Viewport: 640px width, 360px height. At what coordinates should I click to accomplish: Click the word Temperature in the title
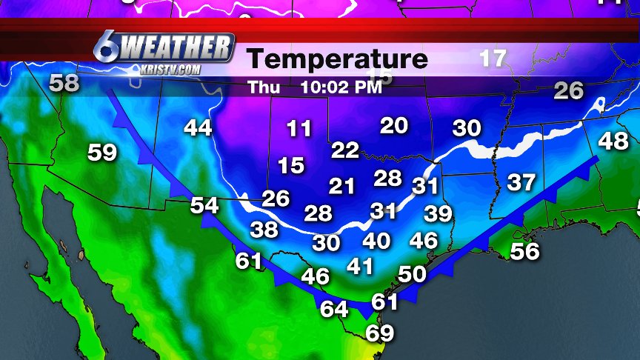(337, 59)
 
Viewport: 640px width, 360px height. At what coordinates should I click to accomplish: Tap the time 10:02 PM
(341, 87)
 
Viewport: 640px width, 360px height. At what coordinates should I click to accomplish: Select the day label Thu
(263, 87)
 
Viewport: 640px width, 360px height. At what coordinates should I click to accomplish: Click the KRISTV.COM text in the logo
(170, 70)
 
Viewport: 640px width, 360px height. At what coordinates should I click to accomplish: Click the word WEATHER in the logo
(176, 49)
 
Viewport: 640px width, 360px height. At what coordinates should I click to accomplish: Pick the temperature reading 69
(380, 333)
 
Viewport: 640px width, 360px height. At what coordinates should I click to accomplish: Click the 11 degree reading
(299, 129)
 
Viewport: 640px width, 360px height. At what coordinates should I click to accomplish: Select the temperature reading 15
(292, 164)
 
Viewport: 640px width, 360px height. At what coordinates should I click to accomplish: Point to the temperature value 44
(198, 127)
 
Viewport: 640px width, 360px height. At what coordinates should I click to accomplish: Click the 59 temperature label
(102, 153)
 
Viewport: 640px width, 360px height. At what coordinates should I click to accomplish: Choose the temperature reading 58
(64, 83)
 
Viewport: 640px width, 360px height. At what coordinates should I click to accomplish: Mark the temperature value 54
(204, 205)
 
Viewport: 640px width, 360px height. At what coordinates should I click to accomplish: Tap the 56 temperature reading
(524, 251)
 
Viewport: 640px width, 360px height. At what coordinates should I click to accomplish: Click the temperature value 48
(613, 141)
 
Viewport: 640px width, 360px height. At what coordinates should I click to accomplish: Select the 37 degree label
(521, 181)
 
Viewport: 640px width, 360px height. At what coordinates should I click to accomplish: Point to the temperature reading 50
(413, 273)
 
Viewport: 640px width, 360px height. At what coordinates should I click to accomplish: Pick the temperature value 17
(493, 59)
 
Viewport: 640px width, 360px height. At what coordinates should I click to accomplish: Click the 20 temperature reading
(394, 125)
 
